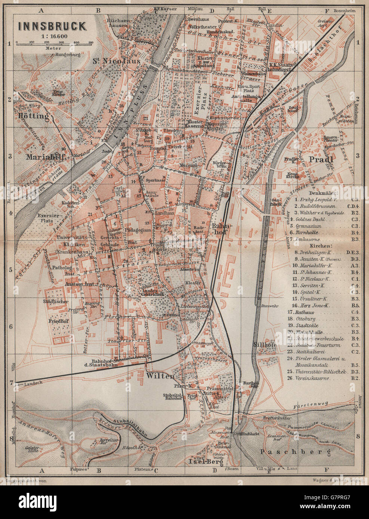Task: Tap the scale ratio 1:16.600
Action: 52,36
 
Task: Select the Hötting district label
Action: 33,116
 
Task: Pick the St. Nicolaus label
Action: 116,60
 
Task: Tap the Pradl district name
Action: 320,159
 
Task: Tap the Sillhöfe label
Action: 265,344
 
